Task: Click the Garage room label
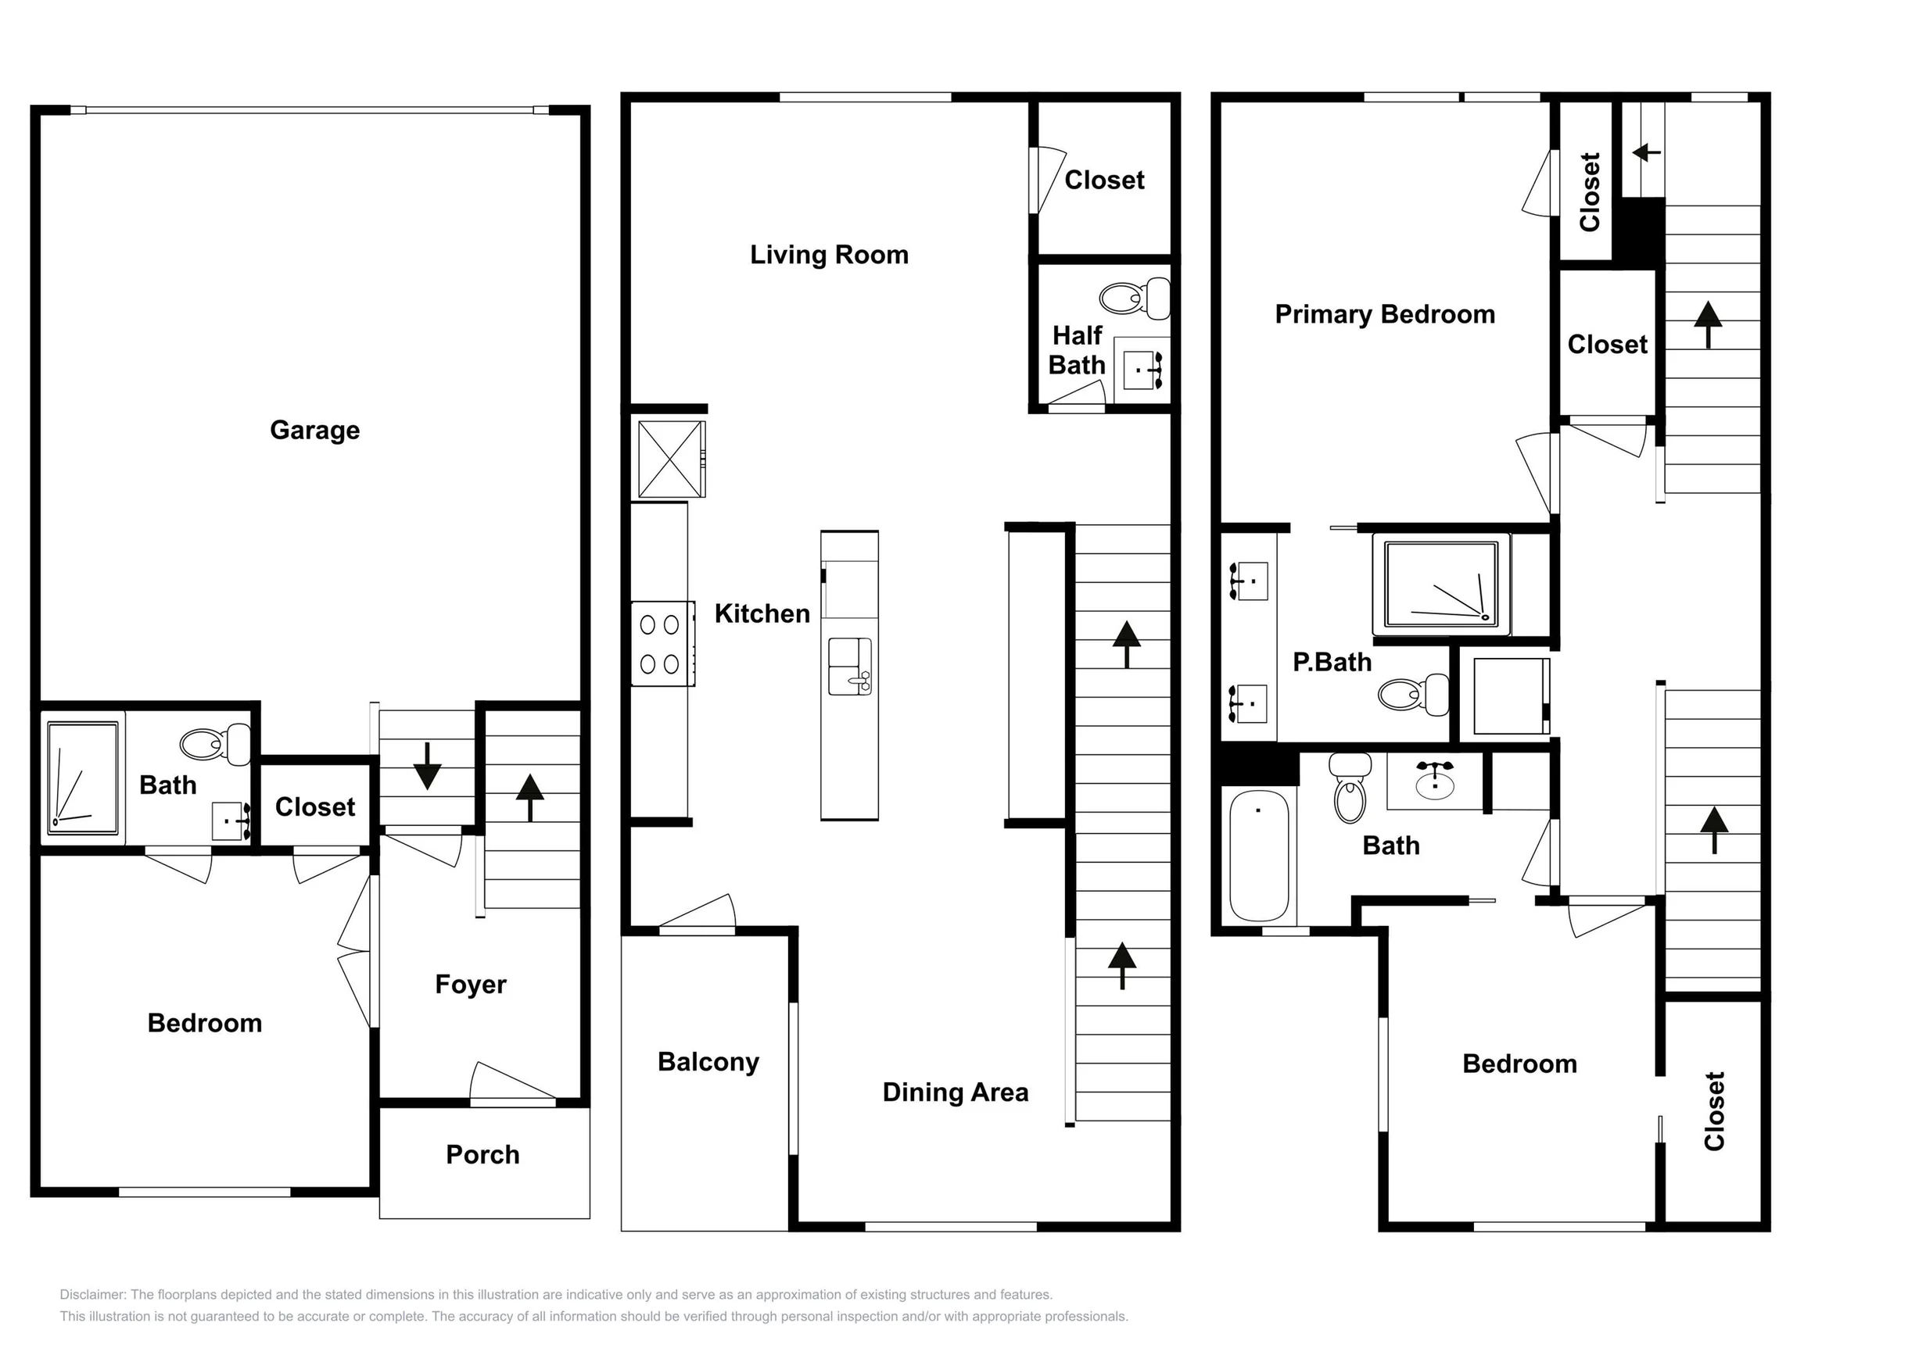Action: tap(315, 431)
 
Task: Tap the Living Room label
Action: tap(830, 254)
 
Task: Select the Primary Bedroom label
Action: tap(1386, 314)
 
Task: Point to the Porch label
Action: tap(482, 1154)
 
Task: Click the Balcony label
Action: tap(708, 1062)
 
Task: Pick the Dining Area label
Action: tap(956, 1092)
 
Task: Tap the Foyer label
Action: tap(470, 984)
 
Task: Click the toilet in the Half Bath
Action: tap(1135, 299)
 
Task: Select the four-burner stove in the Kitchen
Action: tap(662, 643)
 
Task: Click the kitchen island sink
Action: tap(850, 666)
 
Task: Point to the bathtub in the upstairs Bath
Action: tap(1259, 856)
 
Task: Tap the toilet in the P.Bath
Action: tap(1413, 695)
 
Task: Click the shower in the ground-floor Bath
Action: tap(82, 778)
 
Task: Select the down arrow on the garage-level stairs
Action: tap(427, 766)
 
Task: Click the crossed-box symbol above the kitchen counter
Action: tap(672, 459)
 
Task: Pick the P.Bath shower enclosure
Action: tap(1441, 584)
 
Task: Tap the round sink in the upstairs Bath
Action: tap(1435, 781)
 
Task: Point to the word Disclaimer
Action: tap(92, 1294)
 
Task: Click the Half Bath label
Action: tap(1077, 349)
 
